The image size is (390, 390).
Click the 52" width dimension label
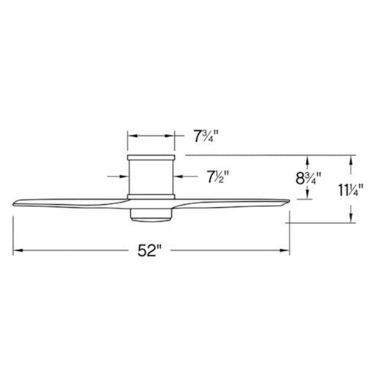tap(150, 250)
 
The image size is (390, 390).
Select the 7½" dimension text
tap(218, 176)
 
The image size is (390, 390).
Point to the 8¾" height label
tap(309, 178)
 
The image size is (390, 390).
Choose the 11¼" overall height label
tap(350, 190)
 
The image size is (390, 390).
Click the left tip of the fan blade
tap(13, 204)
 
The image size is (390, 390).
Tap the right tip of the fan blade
tap(290, 200)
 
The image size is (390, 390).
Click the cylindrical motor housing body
tap(151, 177)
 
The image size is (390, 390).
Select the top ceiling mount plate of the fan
tap(151, 157)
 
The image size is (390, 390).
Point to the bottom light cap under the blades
tap(151, 215)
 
